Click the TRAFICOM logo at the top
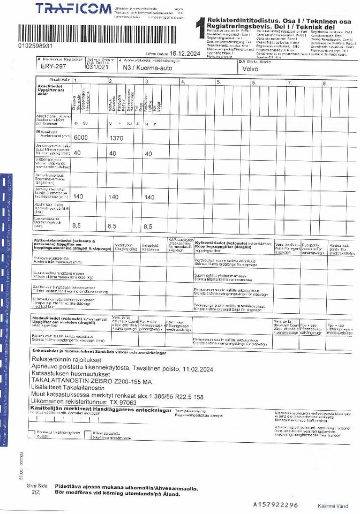(73, 9)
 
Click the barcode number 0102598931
(35, 46)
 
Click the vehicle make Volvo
(250, 69)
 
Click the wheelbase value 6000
(80, 138)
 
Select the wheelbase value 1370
(116, 138)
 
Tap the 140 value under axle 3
(149, 197)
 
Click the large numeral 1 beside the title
(200, 27)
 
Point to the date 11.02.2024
(198, 369)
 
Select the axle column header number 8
(324, 82)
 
